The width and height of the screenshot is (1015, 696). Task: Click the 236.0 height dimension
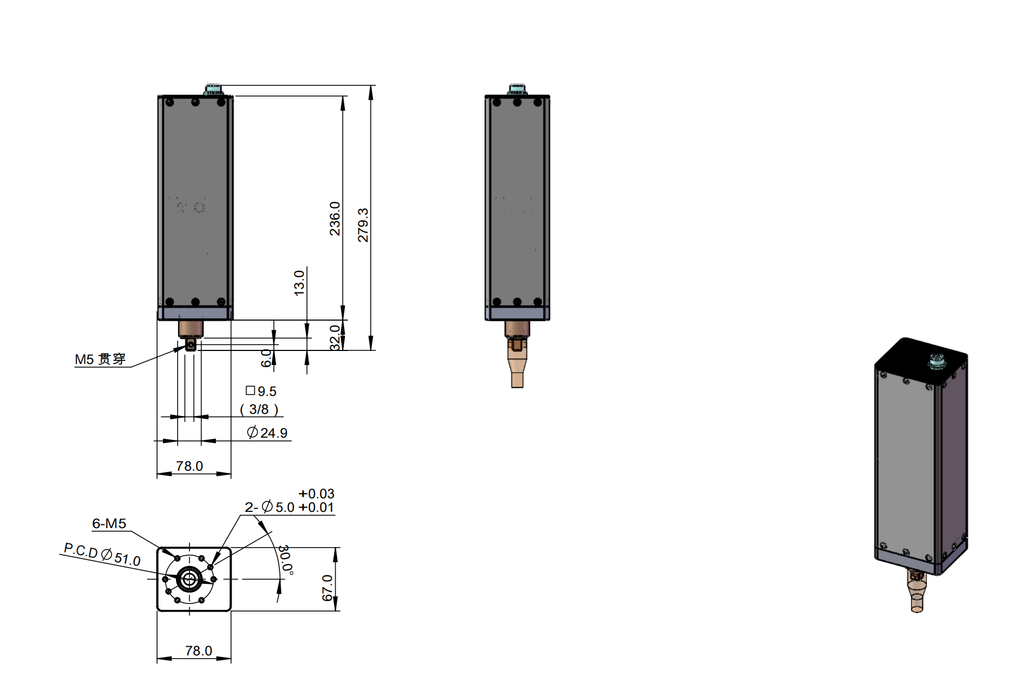tap(335, 218)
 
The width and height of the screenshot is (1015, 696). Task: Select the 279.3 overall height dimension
tap(363, 225)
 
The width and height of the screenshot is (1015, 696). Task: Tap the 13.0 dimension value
tap(299, 283)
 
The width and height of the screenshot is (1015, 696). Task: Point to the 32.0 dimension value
tap(335, 337)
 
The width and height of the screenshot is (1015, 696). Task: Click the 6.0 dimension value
tap(266, 358)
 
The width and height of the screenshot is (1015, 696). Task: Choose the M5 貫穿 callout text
tap(100, 359)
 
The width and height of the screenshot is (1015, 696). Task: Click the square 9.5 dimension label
tap(261, 391)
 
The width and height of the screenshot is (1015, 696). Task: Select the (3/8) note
tap(259, 409)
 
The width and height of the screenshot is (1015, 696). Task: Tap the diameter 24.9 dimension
tap(267, 433)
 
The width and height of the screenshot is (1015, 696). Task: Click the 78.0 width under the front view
tap(189, 466)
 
